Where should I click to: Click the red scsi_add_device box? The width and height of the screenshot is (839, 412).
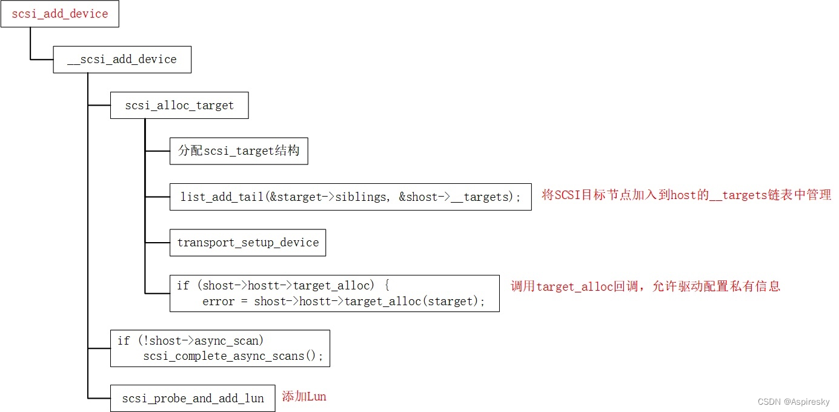(x=59, y=14)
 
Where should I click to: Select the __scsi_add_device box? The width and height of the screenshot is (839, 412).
(x=122, y=59)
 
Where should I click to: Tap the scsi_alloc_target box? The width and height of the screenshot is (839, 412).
(x=179, y=106)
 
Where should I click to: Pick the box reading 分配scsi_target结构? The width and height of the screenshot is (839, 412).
(x=239, y=150)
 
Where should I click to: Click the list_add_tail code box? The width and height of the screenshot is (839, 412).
(x=350, y=197)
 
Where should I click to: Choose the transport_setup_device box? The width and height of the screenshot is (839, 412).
(x=248, y=243)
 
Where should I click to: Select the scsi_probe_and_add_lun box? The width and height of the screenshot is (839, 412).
(x=193, y=398)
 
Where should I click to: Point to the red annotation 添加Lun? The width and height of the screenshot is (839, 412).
(x=304, y=397)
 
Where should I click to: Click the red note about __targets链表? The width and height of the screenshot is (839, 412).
(x=686, y=195)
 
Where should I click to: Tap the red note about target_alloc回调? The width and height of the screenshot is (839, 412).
(x=645, y=286)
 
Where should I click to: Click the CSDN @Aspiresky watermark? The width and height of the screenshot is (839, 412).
(x=793, y=402)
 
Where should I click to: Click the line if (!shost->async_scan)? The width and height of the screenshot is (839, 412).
(x=191, y=341)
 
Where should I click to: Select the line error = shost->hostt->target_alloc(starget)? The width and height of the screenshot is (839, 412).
(x=343, y=302)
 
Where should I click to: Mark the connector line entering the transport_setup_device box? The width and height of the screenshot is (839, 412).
(x=158, y=243)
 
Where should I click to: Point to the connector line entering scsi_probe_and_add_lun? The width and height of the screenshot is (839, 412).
(x=99, y=398)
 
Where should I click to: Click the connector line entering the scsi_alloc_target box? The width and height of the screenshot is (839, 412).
(x=99, y=106)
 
